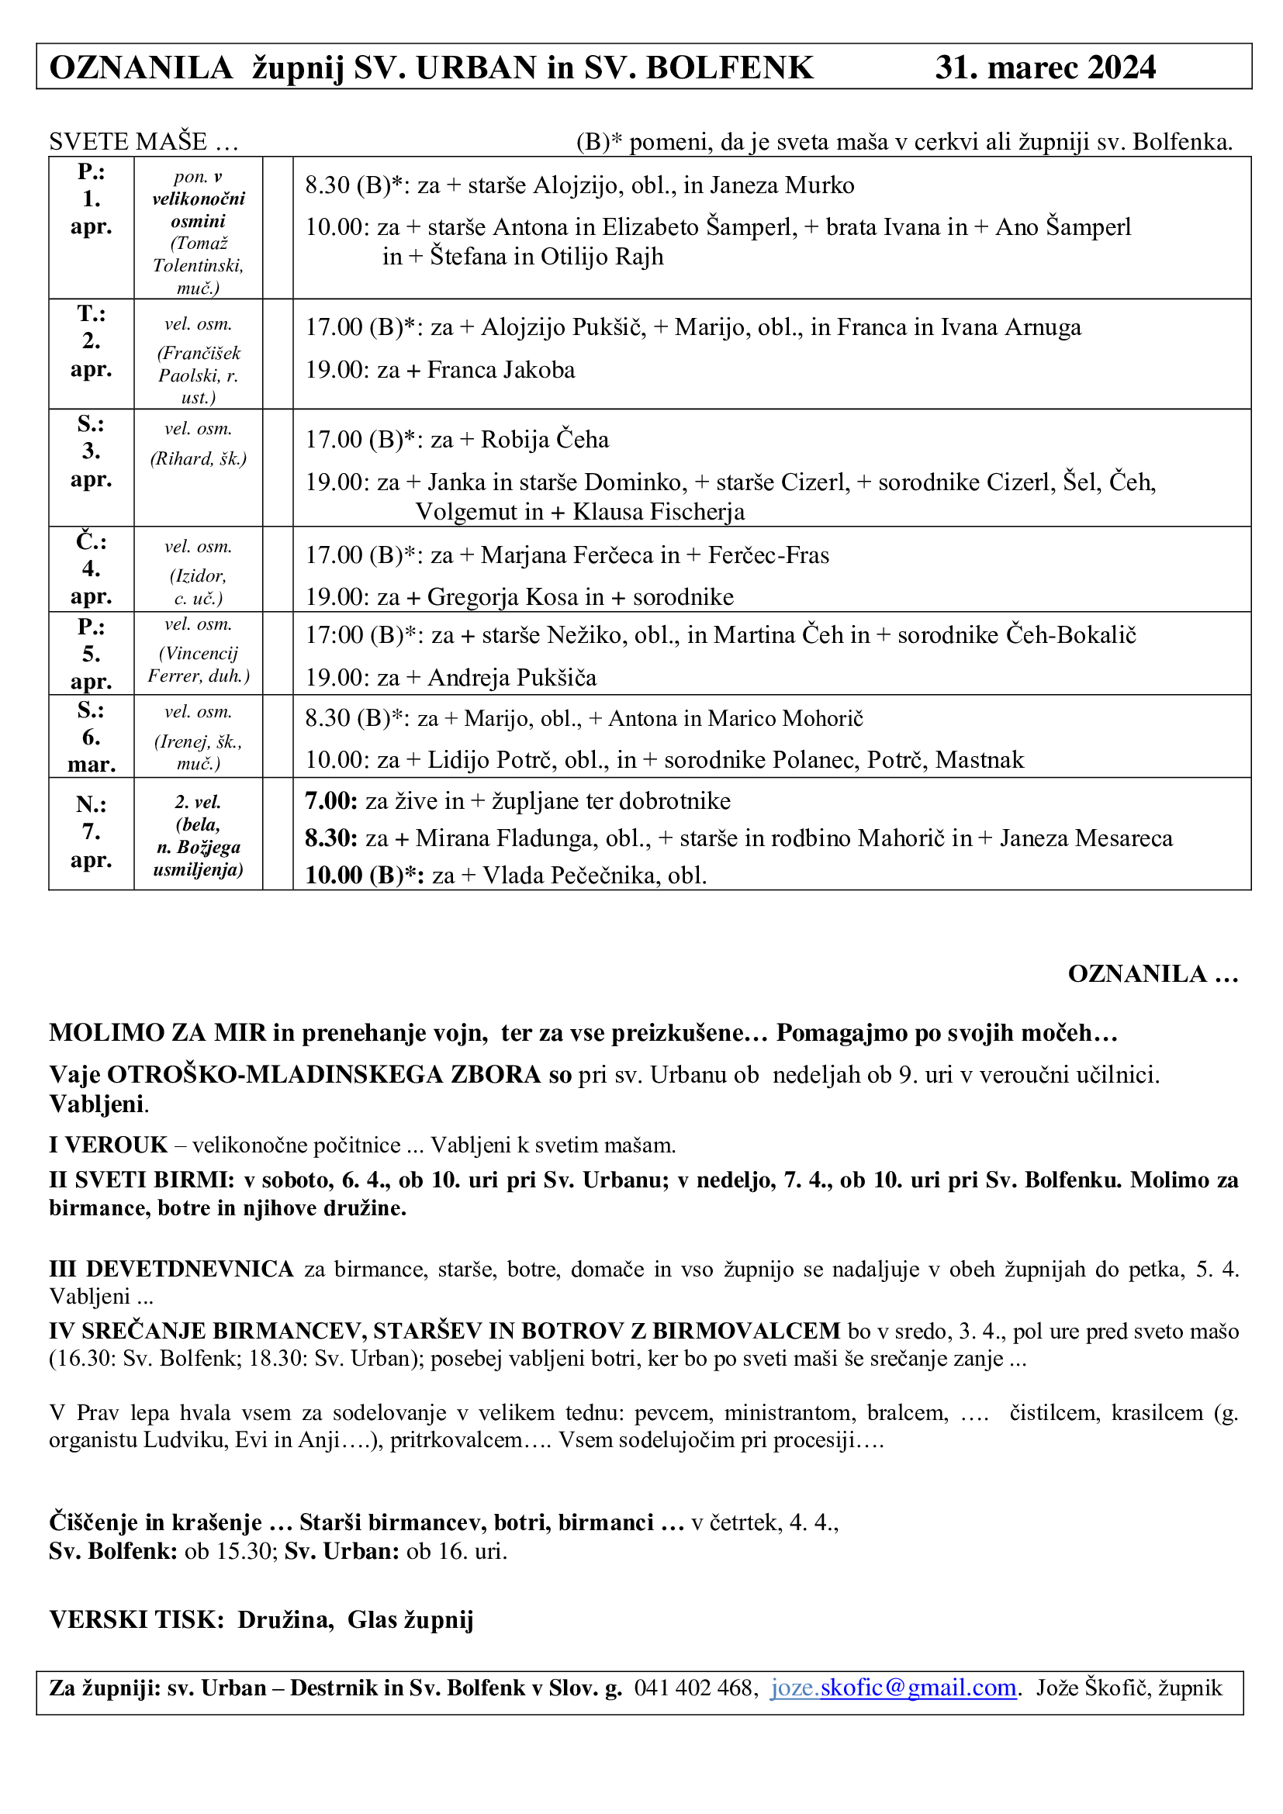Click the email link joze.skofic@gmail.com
point(893,1688)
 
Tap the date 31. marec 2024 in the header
point(1045,68)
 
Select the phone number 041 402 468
point(695,1688)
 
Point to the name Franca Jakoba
point(501,371)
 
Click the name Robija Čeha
point(545,440)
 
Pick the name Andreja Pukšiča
point(512,678)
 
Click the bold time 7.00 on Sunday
point(332,801)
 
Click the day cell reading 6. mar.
point(92,738)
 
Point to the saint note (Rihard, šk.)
point(199,459)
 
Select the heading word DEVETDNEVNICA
point(189,1269)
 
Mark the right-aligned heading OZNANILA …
point(1153,973)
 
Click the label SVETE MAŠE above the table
point(128,142)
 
